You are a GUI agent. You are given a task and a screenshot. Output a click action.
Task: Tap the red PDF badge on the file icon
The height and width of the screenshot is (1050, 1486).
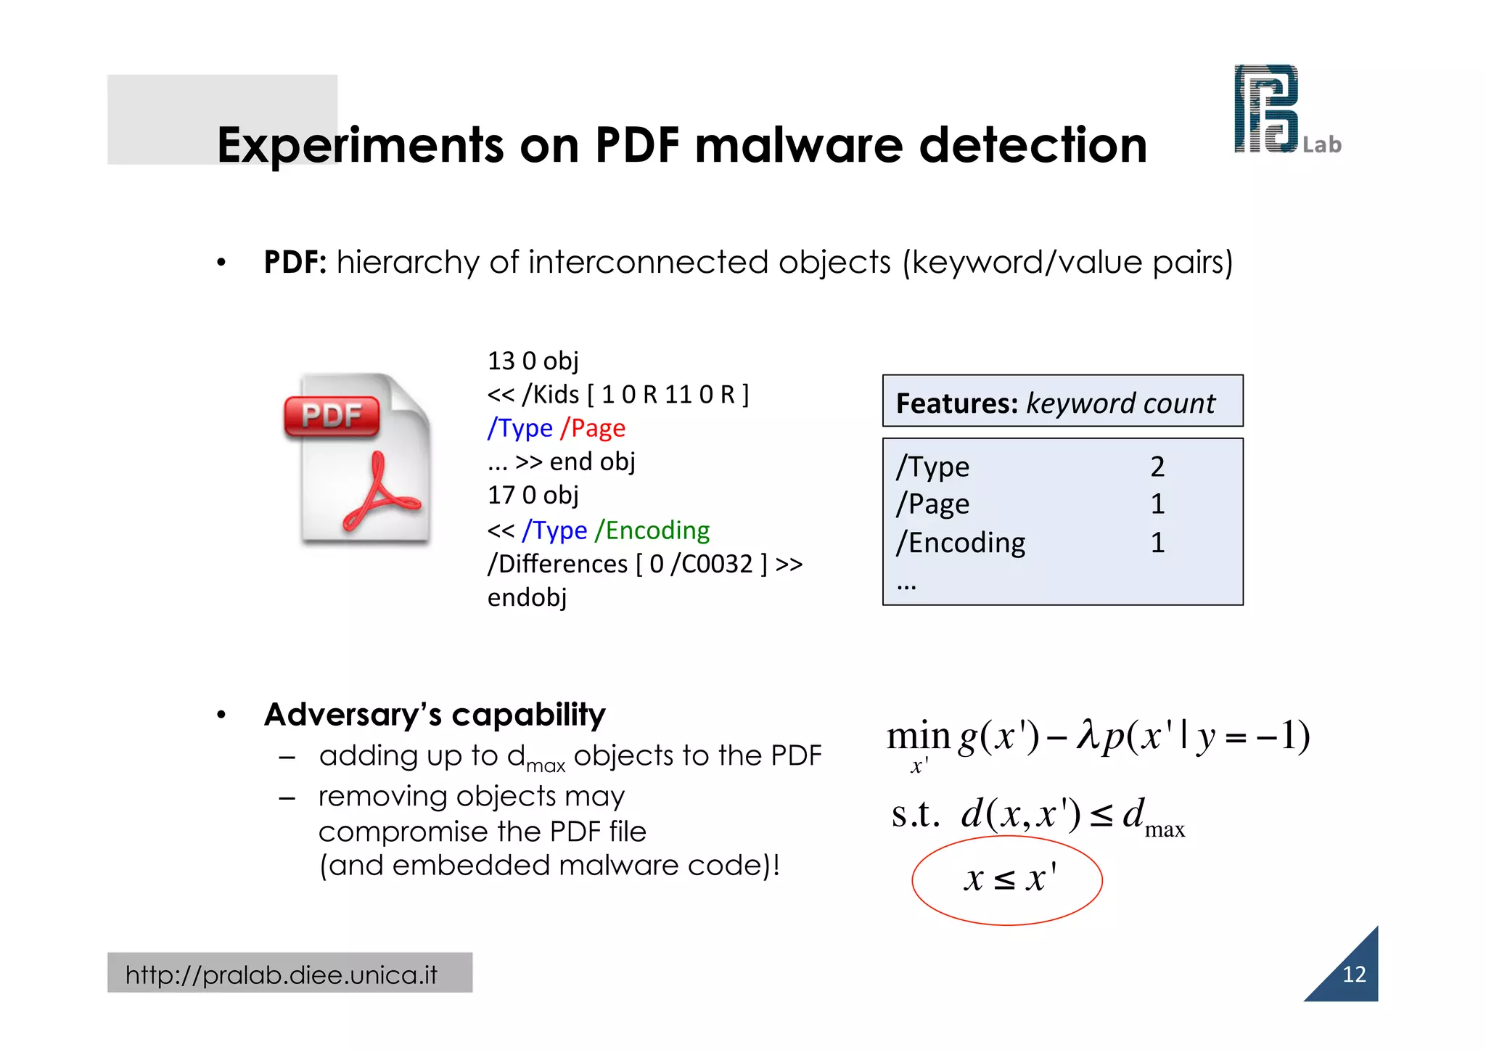(x=332, y=416)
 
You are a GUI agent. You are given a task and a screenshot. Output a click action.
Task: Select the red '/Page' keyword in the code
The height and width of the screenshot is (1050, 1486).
(x=593, y=428)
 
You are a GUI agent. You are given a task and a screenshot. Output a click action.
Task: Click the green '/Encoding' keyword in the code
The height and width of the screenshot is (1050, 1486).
(x=652, y=530)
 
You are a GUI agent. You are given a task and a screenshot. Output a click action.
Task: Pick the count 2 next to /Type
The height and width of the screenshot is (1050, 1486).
(x=1157, y=467)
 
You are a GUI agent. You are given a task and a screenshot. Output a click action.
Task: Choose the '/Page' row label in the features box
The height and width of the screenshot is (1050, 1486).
(x=933, y=504)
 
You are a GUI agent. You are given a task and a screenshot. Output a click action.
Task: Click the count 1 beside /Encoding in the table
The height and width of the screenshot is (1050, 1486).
(x=1157, y=543)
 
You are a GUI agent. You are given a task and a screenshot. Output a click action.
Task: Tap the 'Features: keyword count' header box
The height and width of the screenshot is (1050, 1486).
(x=1062, y=401)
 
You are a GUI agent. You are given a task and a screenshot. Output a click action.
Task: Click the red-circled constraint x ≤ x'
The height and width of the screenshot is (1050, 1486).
(x=1008, y=879)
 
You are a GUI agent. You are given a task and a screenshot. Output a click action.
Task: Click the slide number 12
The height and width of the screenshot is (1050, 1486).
(x=1354, y=975)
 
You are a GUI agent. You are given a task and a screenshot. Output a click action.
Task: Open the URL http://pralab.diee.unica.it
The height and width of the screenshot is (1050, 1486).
(x=282, y=975)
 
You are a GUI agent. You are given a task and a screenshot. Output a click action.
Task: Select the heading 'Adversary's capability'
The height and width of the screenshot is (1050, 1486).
(x=435, y=715)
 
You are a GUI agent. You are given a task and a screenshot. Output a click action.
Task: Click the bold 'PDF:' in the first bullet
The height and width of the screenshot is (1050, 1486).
(x=295, y=262)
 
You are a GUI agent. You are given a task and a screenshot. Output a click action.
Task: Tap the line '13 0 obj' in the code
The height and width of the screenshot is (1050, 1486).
(x=533, y=361)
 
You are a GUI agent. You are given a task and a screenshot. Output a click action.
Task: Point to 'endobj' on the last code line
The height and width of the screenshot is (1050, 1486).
(x=527, y=597)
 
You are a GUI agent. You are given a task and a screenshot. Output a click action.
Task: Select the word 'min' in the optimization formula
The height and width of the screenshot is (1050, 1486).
(x=918, y=736)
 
